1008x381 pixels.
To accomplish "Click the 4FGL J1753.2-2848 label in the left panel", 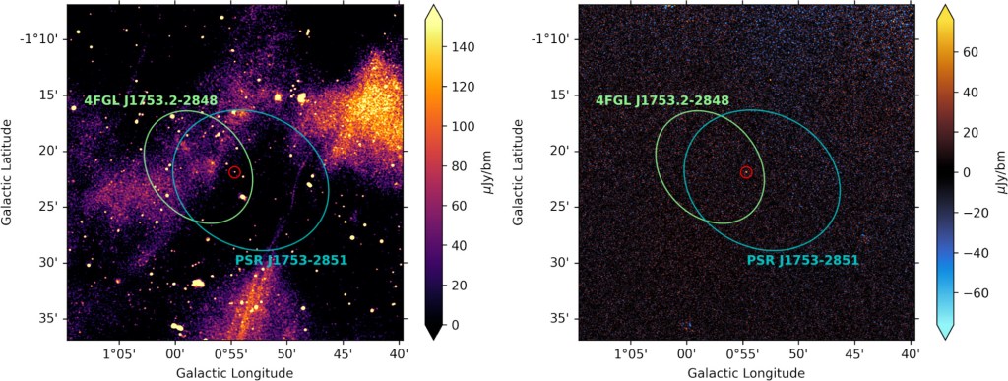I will pos(151,100).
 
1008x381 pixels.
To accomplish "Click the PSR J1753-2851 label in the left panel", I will pos(291,260).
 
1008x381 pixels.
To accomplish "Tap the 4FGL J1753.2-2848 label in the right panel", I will pos(662,100).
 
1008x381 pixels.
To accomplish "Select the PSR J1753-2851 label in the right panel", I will pos(803,260).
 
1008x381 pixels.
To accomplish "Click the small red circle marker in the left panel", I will pos(234,172).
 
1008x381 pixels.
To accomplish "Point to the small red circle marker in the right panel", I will pos(746,172).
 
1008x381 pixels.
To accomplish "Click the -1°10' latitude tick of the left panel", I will pos(40,38).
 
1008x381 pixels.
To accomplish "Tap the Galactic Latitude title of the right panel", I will pos(519,172).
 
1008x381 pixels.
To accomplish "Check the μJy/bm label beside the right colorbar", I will pos(997,172).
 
